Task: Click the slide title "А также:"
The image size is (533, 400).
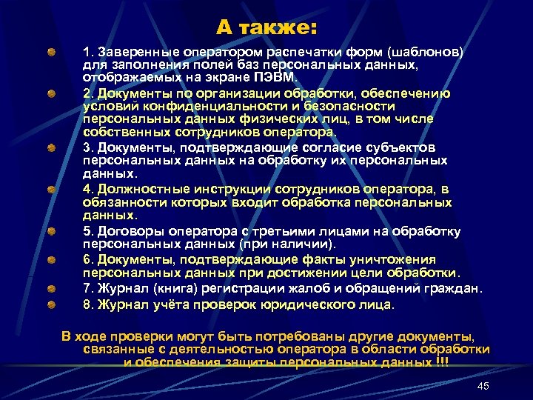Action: tap(266, 28)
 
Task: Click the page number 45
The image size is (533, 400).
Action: tap(484, 386)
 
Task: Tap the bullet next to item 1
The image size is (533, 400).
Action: tap(51, 54)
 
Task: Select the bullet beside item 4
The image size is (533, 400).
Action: tap(51, 190)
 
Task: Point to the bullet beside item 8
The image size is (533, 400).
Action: tap(51, 304)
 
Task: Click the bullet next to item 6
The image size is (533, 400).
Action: tap(51, 259)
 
